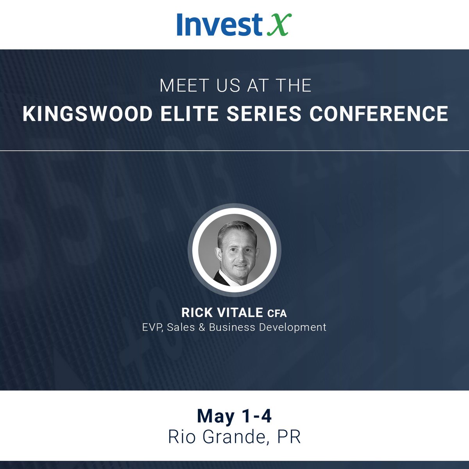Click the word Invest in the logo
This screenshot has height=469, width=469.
(x=218, y=24)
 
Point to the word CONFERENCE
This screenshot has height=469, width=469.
(x=379, y=114)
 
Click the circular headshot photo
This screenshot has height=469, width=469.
(x=234, y=250)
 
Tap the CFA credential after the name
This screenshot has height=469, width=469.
(x=277, y=313)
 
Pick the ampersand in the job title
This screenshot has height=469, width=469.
(x=202, y=327)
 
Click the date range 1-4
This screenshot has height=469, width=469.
(x=256, y=416)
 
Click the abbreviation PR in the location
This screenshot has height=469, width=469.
(x=289, y=437)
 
